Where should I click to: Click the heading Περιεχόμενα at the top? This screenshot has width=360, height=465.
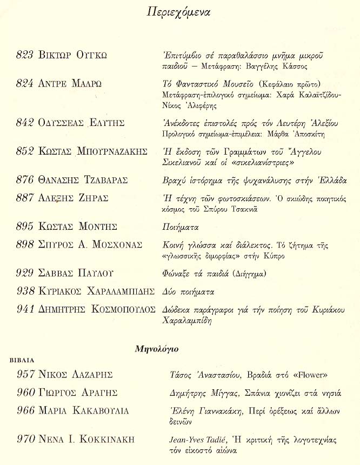coord(178,11)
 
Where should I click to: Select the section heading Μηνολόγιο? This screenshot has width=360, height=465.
coord(157,349)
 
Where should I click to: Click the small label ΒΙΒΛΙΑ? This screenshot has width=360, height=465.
coord(22,359)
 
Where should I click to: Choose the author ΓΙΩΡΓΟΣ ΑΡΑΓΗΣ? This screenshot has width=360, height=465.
coord(78,393)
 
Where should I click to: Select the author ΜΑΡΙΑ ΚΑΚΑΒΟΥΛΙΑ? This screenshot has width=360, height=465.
coord(84,411)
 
